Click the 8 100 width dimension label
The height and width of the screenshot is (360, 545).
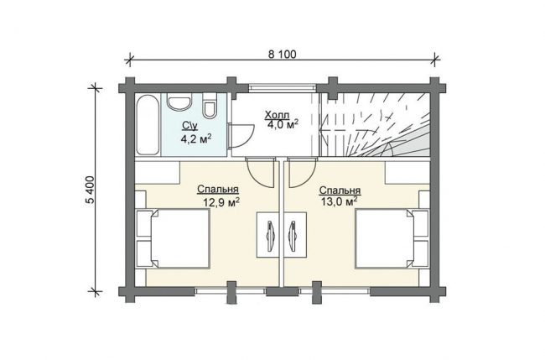click(x=283, y=55)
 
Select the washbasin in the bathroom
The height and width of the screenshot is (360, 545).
click(x=179, y=102)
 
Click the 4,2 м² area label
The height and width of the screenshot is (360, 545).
click(x=196, y=139)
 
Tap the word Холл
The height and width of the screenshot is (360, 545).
click(x=277, y=114)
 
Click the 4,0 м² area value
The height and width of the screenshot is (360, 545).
click(x=283, y=124)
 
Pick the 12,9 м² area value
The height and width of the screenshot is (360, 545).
click(x=221, y=202)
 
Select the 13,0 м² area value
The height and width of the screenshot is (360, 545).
click(x=340, y=201)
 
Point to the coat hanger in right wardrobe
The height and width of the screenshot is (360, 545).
click(x=293, y=236)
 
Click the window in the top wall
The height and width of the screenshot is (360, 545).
click(x=283, y=87)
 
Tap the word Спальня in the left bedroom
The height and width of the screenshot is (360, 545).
click(x=218, y=190)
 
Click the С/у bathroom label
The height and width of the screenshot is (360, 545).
click(x=189, y=126)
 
